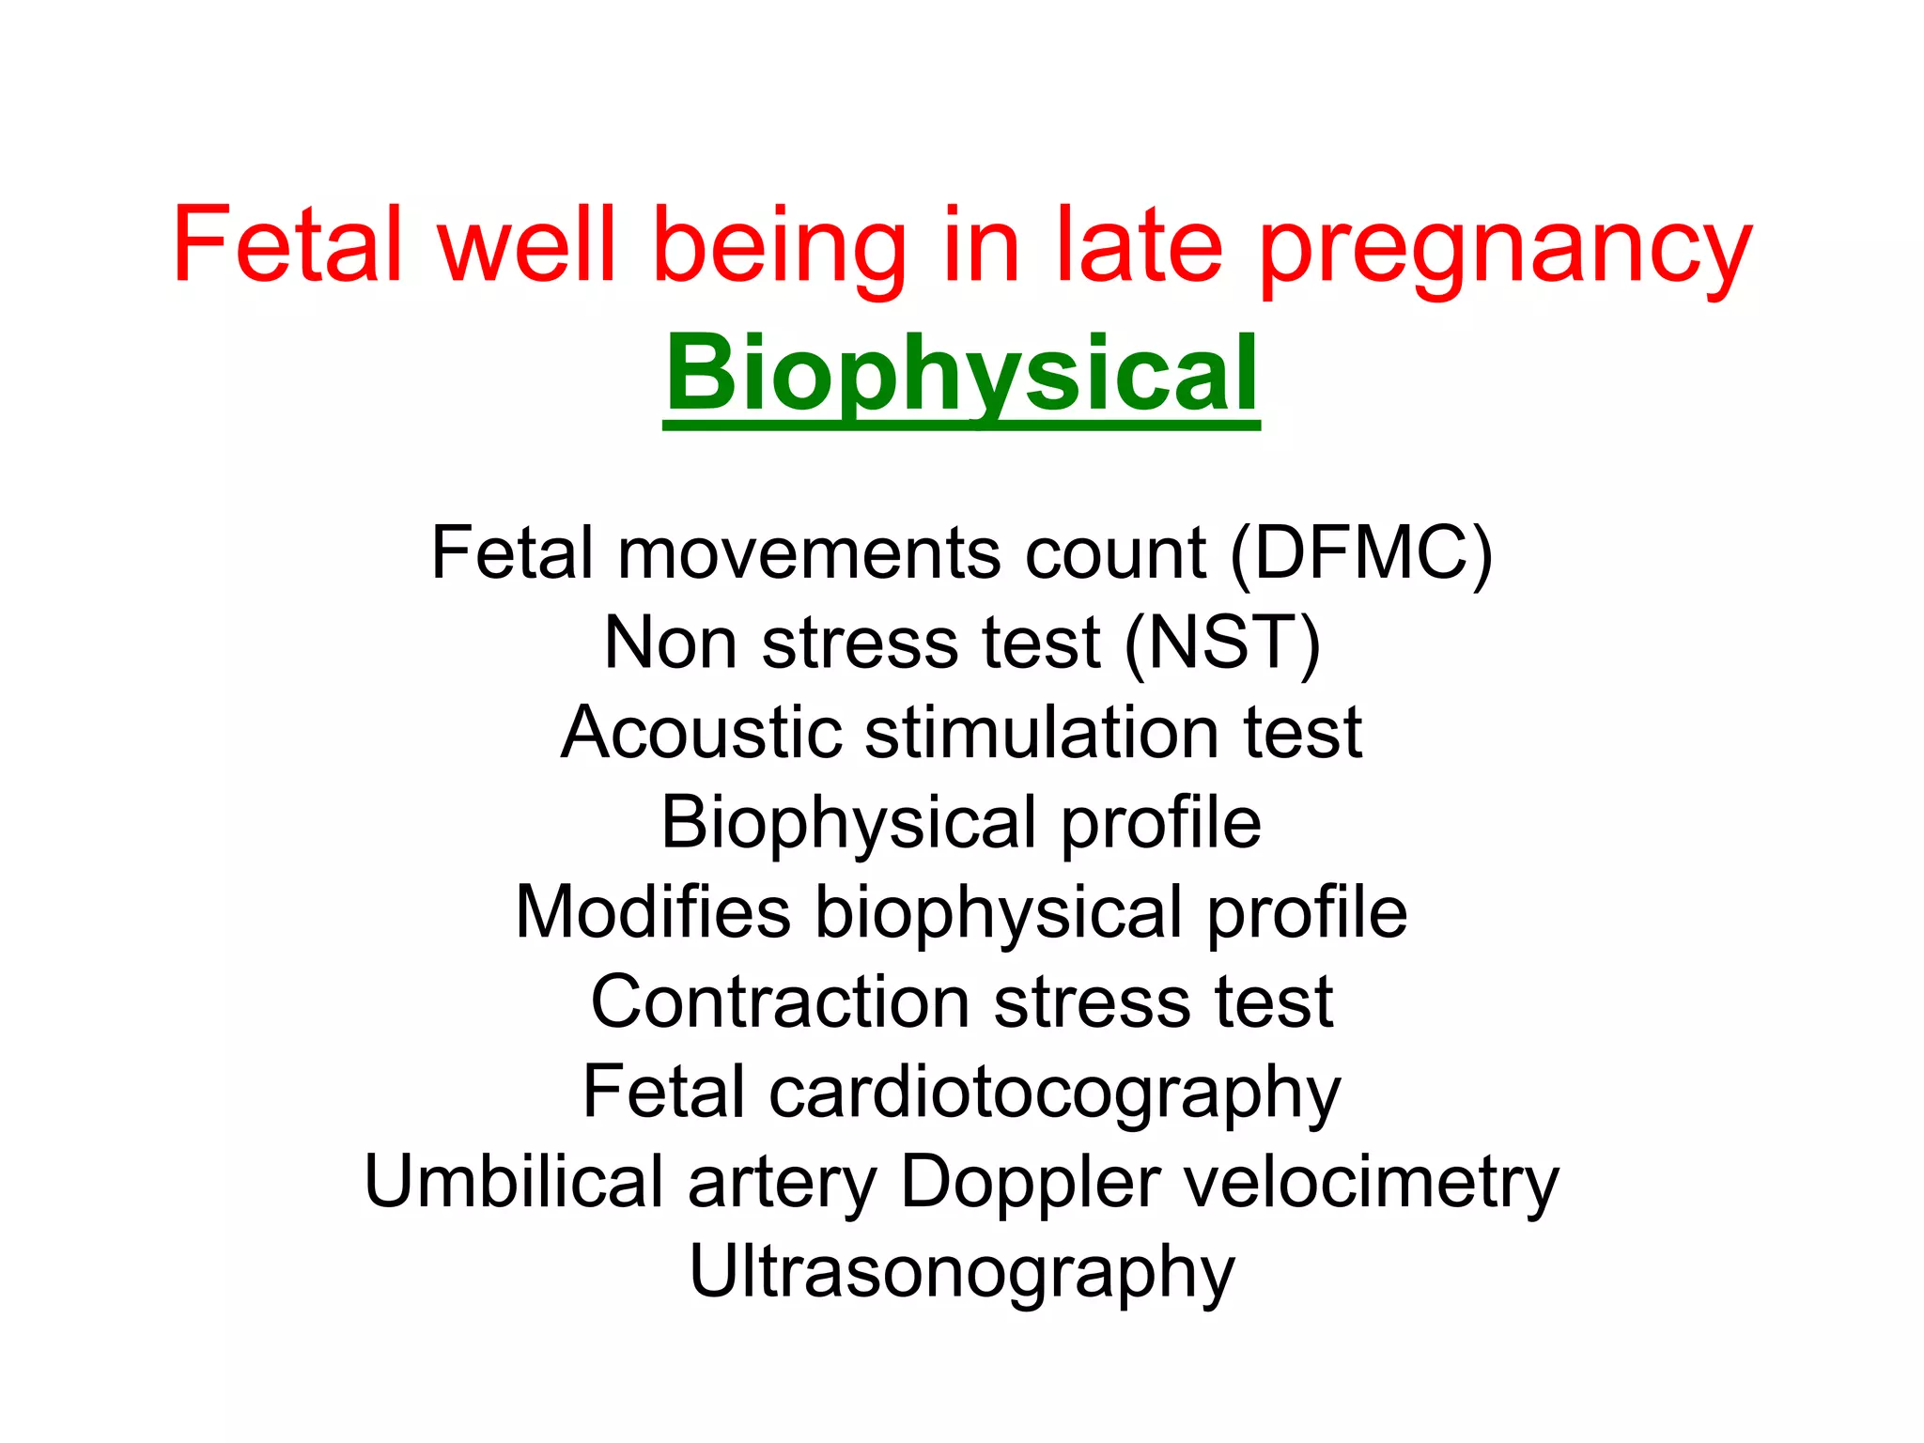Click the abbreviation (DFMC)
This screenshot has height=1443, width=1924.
(1361, 554)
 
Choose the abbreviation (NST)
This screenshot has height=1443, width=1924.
(1222, 644)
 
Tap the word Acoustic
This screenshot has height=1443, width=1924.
(701, 734)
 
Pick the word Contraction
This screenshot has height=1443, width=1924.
(780, 1003)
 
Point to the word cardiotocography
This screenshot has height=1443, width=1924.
(1054, 1094)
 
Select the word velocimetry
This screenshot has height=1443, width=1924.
(1372, 1183)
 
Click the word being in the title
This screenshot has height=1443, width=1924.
(779, 246)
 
